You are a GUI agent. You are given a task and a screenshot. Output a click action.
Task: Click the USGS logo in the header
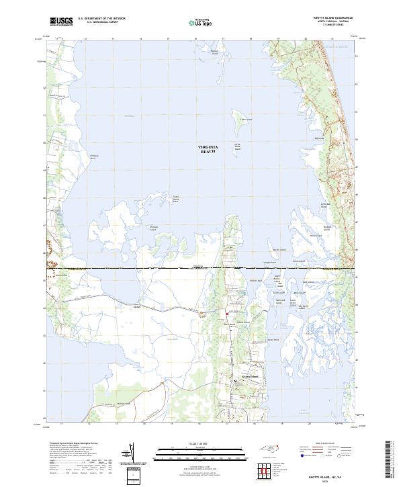click(x=61, y=21)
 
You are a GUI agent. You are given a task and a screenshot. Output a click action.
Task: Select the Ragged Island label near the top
click(x=215, y=52)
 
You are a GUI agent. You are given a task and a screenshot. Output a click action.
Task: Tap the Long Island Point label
click(x=177, y=198)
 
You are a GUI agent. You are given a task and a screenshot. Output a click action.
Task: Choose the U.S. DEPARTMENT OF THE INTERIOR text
click(x=101, y=19)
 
